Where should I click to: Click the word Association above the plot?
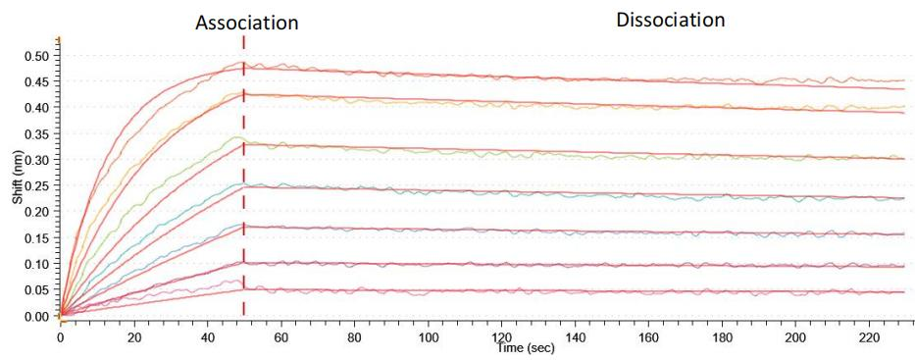click(246, 22)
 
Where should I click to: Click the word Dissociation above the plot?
click(670, 19)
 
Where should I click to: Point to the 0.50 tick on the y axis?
click(35, 55)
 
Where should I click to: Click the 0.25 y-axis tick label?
click(35, 185)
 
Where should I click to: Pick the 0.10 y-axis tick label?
click(35, 264)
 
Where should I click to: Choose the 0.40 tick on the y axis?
click(35, 107)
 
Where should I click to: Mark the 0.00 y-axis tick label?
click(35, 316)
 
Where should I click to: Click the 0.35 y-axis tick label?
click(35, 133)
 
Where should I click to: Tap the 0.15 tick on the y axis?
click(35, 237)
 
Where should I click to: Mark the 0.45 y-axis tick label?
click(35, 81)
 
